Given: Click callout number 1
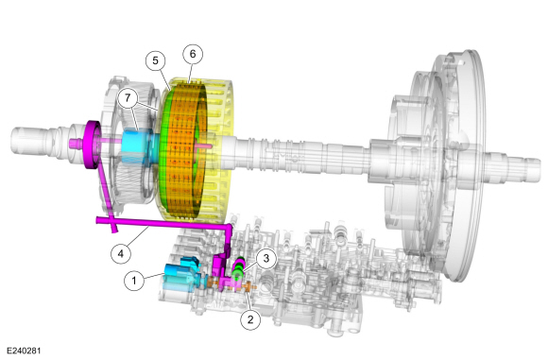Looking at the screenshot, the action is click(x=134, y=280).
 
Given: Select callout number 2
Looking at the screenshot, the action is click(x=250, y=319).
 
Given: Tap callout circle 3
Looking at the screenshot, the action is click(x=266, y=258).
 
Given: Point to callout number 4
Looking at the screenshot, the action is click(x=121, y=253).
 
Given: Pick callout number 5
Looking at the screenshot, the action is click(x=155, y=60).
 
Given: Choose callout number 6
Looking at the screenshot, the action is click(x=193, y=54).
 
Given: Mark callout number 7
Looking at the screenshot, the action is click(x=128, y=98).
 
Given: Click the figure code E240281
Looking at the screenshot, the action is click(x=24, y=351).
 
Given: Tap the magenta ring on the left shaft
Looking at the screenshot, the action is click(x=92, y=145).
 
